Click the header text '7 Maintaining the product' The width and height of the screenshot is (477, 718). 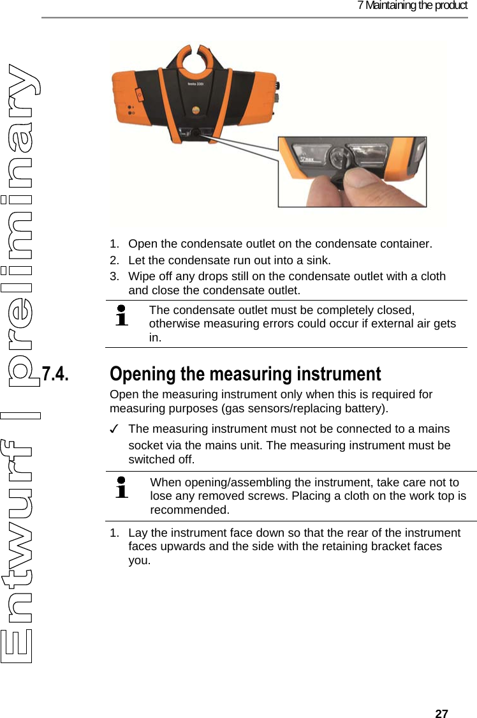[x=412, y=6]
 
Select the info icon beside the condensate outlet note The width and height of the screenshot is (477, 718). [x=121, y=316]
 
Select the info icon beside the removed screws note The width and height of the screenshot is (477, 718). [x=121, y=488]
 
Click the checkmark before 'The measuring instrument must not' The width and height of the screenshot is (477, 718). [x=115, y=429]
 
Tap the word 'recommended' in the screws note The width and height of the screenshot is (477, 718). [x=190, y=510]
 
